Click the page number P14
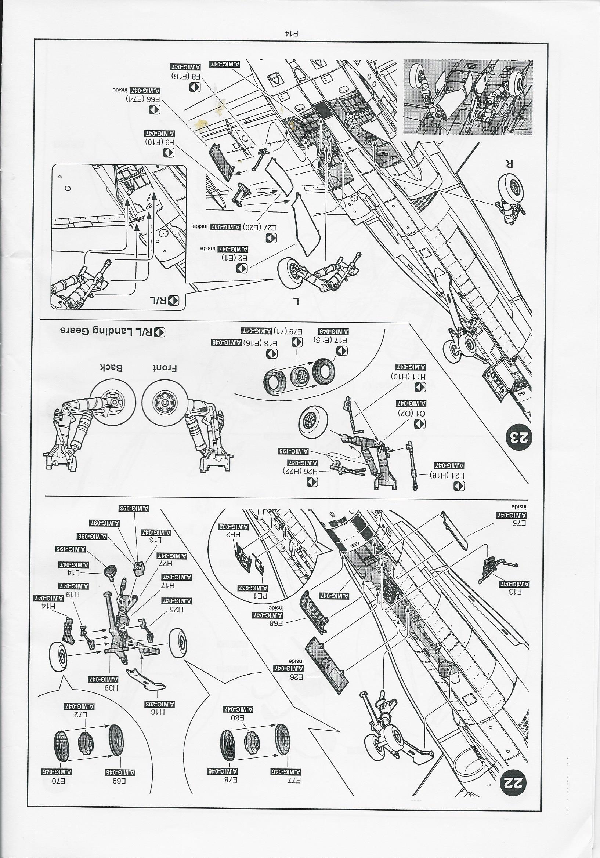point(292,33)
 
